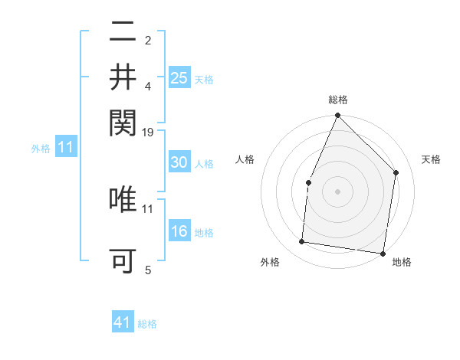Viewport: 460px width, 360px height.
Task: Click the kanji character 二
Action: [123, 32]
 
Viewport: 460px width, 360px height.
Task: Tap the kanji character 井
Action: [123, 77]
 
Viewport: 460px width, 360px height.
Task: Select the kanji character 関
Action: [123, 121]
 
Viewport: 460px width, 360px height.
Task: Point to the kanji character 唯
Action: [123, 199]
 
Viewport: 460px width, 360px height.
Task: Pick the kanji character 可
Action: [123, 261]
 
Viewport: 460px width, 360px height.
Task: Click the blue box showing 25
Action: [179, 78]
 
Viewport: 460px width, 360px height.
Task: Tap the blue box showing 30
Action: [179, 162]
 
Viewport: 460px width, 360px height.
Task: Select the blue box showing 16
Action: [179, 231]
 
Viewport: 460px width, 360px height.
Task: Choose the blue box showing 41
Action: [123, 322]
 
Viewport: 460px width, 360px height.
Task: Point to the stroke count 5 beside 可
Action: [148, 270]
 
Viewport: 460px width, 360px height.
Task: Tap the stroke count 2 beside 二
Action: [148, 40]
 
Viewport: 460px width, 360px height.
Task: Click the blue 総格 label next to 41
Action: [147, 324]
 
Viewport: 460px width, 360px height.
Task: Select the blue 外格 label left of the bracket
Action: [41, 149]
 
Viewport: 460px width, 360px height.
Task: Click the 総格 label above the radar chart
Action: [337, 100]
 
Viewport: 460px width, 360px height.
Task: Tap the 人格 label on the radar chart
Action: [245, 159]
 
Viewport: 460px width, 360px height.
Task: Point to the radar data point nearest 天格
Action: [396, 172]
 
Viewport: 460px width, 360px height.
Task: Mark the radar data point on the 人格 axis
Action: [308, 182]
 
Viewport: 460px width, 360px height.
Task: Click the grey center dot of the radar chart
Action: [337, 191]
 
